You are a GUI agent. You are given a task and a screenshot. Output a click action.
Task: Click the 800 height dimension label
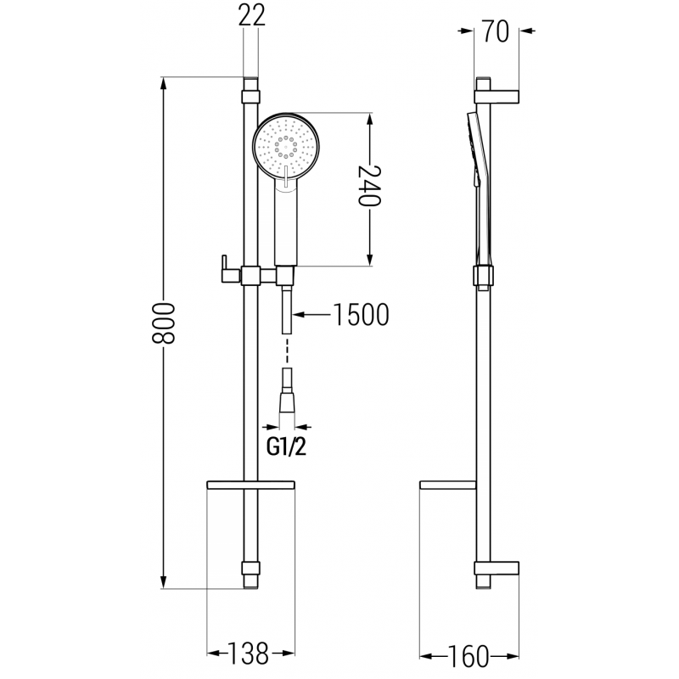(165, 322)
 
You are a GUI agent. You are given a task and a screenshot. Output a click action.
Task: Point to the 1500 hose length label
(361, 315)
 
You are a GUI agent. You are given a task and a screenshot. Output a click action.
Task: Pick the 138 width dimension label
(249, 653)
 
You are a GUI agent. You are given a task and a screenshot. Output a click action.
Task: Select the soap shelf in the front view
(250, 485)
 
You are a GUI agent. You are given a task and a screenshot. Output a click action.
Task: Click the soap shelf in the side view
(451, 485)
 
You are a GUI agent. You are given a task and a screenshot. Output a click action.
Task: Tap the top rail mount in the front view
(250, 88)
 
